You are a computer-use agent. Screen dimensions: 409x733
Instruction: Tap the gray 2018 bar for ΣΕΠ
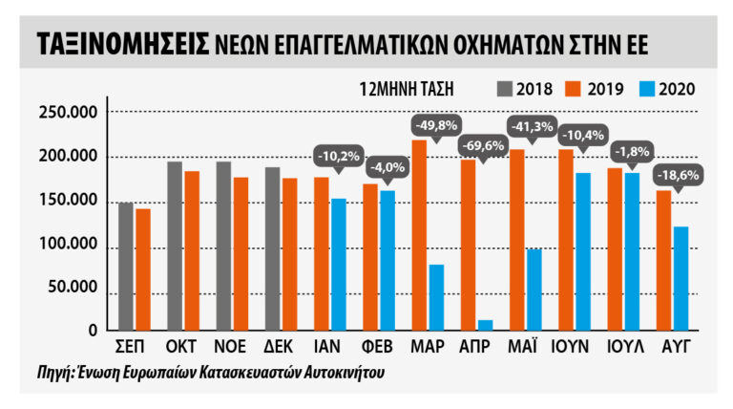pyautogui.click(x=125, y=267)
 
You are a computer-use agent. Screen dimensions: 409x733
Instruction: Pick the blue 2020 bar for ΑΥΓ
pyautogui.click(x=681, y=279)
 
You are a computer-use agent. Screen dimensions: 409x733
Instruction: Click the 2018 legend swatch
pyautogui.click(x=503, y=90)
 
